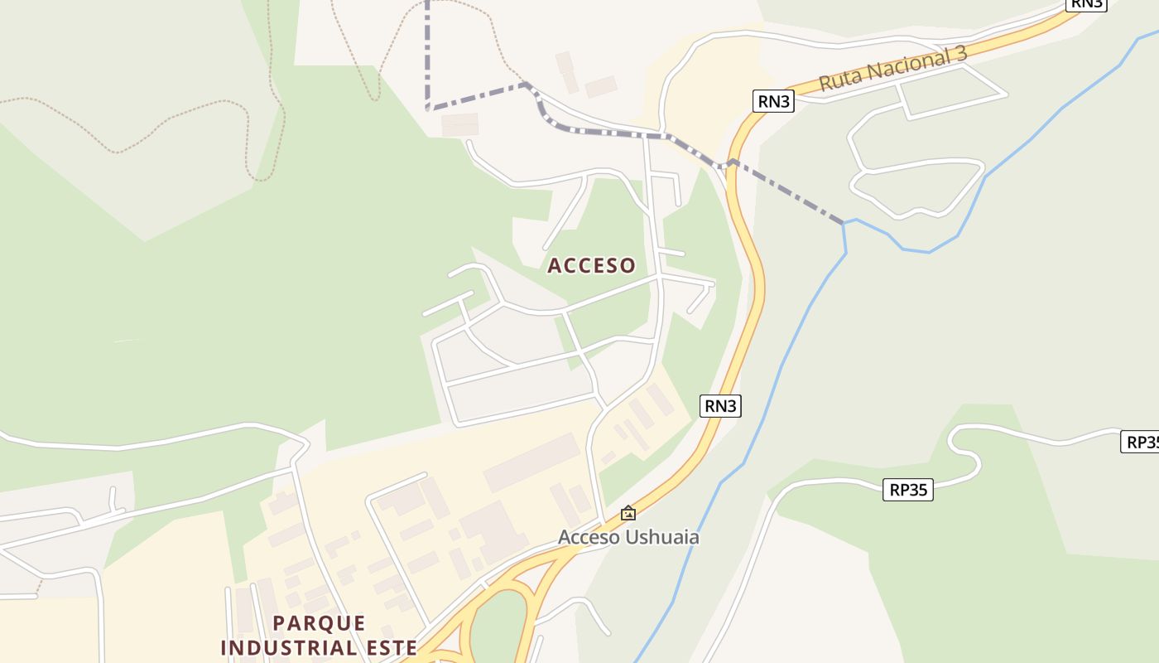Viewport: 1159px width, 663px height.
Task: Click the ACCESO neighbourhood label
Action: (591, 265)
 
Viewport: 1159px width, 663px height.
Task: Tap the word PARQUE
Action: (319, 623)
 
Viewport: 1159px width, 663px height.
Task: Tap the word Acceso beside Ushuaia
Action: (589, 537)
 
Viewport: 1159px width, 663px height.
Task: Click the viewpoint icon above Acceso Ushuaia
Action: (628, 513)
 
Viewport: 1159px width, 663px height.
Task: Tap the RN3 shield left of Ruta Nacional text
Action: (774, 101)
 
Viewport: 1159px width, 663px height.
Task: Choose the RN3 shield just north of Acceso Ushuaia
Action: (720, 405)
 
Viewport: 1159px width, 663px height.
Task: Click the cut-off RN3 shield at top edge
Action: (1086, 3)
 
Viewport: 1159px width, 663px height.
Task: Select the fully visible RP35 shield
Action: (908, 490)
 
